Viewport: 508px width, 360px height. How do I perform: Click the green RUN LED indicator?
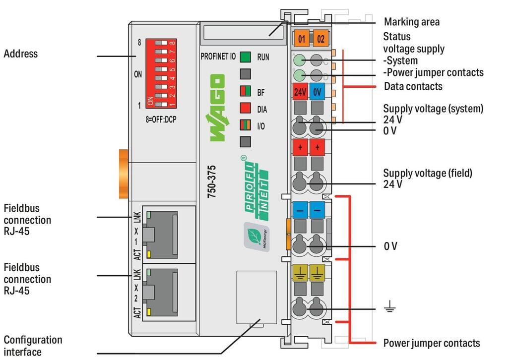pyautogui.click(x=245, y=57)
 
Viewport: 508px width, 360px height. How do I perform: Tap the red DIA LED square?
pyautogui.click(x=245, y=108)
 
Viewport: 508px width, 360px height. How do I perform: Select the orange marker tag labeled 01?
pyautogui.click(x=301, y=39)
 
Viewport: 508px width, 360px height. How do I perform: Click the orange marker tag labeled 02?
pyautogui.click(x=320, y=39)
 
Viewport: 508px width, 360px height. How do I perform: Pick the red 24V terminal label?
pyautogui.click(x=300, y=92)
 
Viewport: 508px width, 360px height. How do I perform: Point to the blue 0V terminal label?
pyautogui.click(x=317, y=92)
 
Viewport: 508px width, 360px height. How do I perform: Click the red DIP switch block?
pyautogui.click(x=161, y=73)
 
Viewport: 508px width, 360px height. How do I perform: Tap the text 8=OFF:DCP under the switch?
pyautogui.click(x=161, y=120)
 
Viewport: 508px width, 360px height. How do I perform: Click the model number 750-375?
pyautogui.click(x=211, y=181)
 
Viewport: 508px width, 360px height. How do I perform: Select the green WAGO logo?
pyautogui.click(x=217, y=108)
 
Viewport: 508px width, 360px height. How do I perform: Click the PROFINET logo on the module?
pyautogui.click(x=255, y=188)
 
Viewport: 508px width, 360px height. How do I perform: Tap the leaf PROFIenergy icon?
pyautogui.click(x=256, y=237)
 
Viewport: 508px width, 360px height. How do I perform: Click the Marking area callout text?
pyautogui.click(x=412, y=22)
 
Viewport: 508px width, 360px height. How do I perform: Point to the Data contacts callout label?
pyautogui.click(x=413, y=86)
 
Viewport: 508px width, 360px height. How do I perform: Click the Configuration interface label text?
pyautogui.click(x=33, y=346)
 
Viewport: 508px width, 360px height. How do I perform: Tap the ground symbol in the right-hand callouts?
pyautogui.click(x=389, y=306)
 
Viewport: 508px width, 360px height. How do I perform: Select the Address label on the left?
pyautogui.click(x=21, y=54)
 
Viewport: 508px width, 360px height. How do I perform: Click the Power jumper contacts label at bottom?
pyautogui.click(x=432, y=343)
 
